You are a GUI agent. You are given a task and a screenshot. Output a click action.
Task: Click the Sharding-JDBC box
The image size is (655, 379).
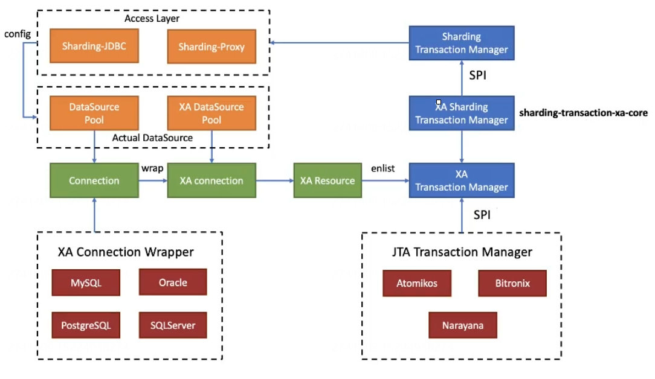point(94,46)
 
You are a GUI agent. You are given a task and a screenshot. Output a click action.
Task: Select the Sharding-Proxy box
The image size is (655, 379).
point(211,46)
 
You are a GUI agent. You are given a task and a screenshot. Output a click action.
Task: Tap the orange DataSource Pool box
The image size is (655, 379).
point(94,113)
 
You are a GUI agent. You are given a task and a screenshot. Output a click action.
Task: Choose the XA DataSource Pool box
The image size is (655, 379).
point(211,113)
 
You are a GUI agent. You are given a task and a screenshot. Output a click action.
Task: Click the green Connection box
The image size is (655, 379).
point(94,180)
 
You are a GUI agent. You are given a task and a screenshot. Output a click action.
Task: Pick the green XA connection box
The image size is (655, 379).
point(211,180)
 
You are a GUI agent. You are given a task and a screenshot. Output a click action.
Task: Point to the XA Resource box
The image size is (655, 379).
point(327,180)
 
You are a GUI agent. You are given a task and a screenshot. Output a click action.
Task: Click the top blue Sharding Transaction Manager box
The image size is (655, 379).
point(462,43)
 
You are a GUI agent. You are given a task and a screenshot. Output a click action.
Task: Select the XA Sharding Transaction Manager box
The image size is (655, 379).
point(462,113)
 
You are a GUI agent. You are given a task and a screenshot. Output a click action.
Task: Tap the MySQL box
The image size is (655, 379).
point(86,282)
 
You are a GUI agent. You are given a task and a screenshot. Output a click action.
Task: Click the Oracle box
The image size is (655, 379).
point(173,282)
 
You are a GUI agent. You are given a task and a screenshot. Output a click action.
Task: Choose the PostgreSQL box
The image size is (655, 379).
point(86,325)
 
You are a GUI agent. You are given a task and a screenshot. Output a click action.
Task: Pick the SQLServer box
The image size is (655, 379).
point(173,325)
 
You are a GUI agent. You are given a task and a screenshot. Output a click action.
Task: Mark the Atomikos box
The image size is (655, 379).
point(417,283)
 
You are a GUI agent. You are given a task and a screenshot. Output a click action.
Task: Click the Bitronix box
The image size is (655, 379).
point(512,283)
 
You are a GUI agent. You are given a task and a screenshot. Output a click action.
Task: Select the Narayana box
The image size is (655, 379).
point(462,325)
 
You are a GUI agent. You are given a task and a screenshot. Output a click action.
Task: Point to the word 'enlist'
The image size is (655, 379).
point(382,168)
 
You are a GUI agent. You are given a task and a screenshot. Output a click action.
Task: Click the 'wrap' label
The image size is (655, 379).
point(152,168)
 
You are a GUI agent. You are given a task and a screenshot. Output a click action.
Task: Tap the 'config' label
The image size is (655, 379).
point(17,33)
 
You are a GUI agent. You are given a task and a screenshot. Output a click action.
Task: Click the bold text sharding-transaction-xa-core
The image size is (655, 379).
point(583,113)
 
